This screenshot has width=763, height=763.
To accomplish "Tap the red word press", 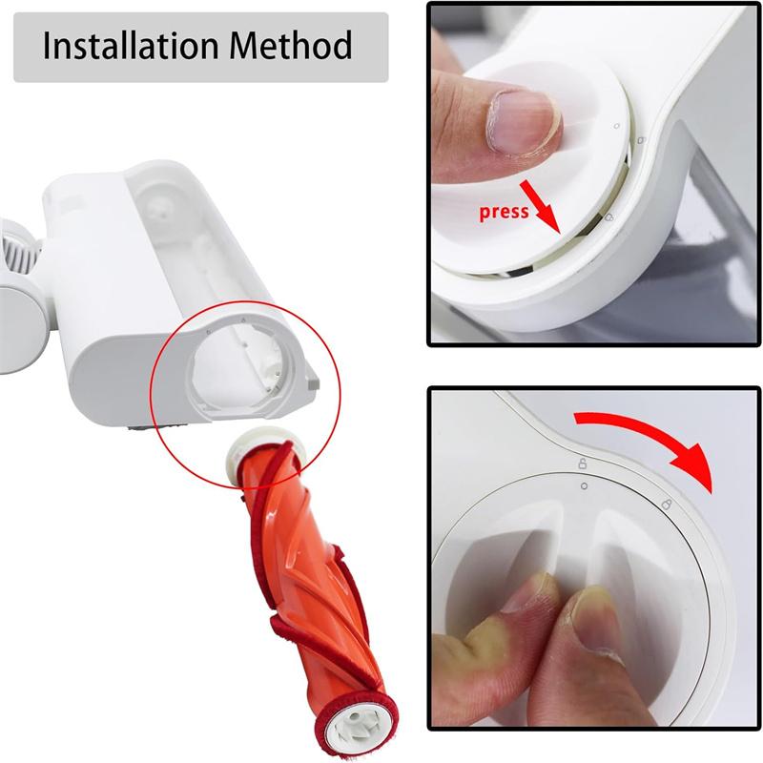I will tap(504, 212).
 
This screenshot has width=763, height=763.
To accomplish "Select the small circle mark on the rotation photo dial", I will tap(583, 485).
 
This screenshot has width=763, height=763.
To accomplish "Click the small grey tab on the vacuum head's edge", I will tap(311, 381).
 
